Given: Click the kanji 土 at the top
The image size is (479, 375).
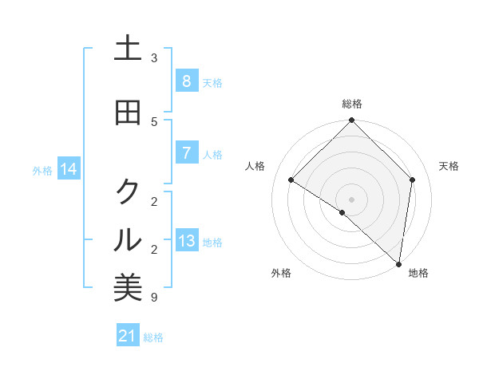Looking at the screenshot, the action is click(x=128, y=49).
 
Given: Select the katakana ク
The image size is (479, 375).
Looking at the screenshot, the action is click(x=128, y=191).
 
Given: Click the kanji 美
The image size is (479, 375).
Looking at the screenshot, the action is click(x=128, y=288).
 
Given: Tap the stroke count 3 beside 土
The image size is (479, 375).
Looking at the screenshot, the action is click(x=154, y=58).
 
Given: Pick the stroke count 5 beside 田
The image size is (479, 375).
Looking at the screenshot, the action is click(x=154, y=122).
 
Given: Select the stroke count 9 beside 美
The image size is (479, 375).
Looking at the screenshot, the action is click(x=154, y=298).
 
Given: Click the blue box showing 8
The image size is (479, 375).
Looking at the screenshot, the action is click(x=186, y=81).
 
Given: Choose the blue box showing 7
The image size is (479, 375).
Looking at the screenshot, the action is click(x=186, y=152).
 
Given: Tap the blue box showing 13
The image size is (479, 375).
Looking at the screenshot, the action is click(x=186, y=240).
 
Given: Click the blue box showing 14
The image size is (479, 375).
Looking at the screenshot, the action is click(x=69, y=168).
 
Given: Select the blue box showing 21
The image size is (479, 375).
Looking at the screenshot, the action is click(x=128, y=336).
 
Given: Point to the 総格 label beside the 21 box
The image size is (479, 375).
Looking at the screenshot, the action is click(x=153, y=337).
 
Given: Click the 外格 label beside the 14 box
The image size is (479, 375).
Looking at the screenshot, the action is click(x=42, y=170).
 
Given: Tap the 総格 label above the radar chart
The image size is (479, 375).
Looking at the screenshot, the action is click(x=352, y=104).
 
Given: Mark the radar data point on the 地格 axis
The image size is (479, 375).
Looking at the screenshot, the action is click(x=398, y=263).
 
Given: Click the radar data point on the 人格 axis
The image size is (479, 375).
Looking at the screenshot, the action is click(x=291, y=180).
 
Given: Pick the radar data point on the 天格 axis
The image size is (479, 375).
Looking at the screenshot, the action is click(x=413, y=180).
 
